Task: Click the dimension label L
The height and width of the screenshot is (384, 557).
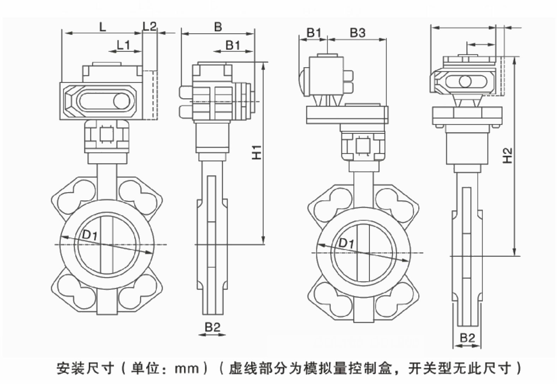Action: tap(102, 26)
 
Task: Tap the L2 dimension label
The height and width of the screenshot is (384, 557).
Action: tap(149, 26)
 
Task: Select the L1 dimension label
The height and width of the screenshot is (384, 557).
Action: tap(124, 45)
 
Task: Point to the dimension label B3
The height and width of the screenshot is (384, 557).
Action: tap(357, 33)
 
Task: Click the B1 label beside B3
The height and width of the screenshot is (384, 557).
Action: tap(314, 33)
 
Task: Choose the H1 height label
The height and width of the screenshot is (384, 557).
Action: tap(257, 152)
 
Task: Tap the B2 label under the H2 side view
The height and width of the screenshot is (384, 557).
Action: tap(467, 338)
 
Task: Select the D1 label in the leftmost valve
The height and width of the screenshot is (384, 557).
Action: tap(90, 234)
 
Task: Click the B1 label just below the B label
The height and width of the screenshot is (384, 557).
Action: tap(233, 45)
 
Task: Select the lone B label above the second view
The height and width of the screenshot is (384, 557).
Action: tap(218, 26)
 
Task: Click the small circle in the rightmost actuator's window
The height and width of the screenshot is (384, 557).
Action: tap(465, 82)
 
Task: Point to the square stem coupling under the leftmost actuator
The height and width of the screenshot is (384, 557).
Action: tap(106, 135)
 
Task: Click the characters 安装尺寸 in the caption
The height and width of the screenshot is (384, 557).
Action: tap(85, 368)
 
